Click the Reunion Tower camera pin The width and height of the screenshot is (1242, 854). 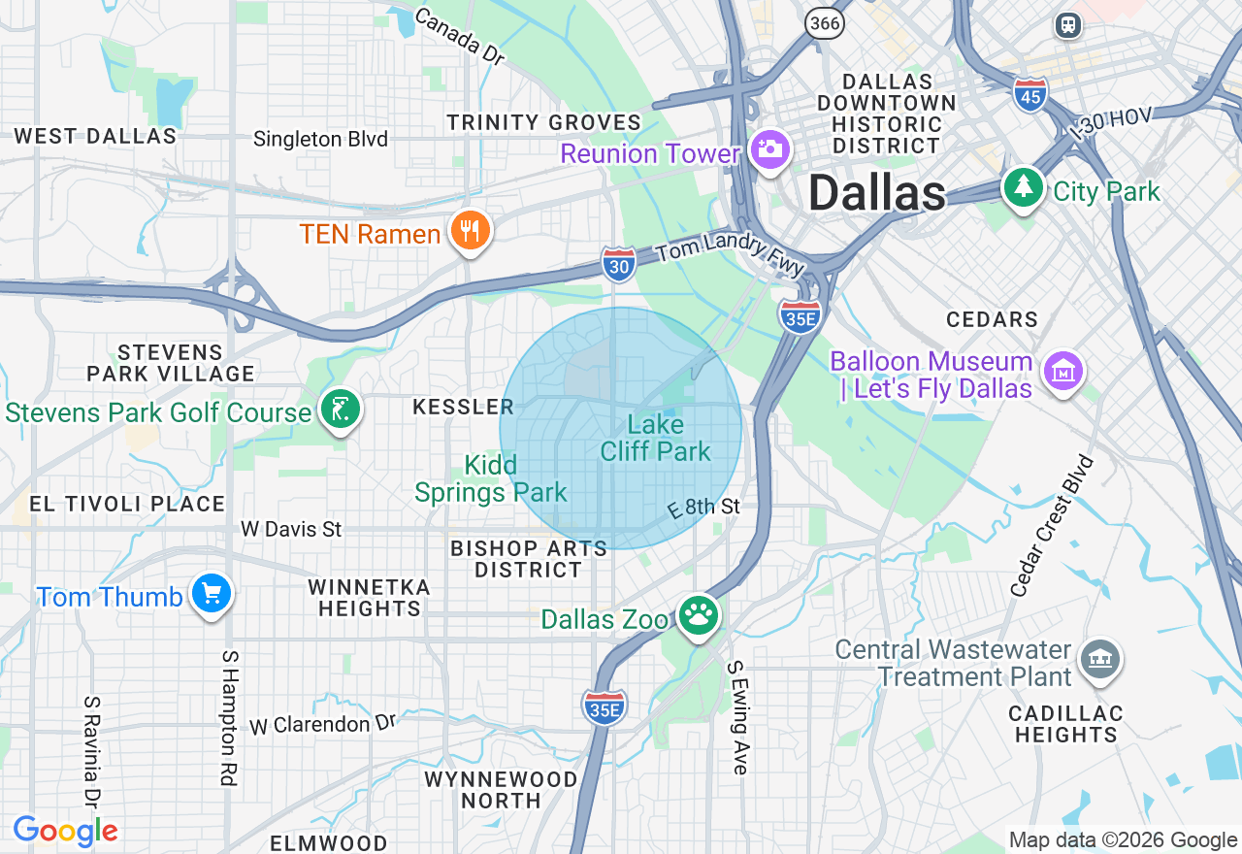(769, 150)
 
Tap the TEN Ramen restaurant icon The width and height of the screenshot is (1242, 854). (471, 231)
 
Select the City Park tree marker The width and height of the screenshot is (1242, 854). (1023, 187)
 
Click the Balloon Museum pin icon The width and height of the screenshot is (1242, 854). (1062, 372)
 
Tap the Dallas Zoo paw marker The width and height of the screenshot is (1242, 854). (698, 615)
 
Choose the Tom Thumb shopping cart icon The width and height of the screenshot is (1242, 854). (211, 594)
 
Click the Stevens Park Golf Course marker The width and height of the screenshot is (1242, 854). (341, 411)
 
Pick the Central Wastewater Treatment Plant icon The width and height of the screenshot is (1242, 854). (1099, 661)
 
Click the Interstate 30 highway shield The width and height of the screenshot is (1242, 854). (618, 264)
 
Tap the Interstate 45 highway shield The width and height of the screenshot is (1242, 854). (1030, 95)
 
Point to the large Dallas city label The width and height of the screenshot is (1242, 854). (876, 193)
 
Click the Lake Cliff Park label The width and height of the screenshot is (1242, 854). (656, 438)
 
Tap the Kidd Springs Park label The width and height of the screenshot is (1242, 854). (491, 478)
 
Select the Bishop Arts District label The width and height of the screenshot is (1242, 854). (529, 559)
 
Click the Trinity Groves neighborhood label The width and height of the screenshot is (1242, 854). (543, 122)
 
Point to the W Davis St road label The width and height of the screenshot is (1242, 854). (291, 529)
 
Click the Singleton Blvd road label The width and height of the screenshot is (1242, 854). (320, 139)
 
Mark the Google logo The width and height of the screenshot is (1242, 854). (65, 831)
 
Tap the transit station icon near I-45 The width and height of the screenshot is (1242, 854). (1068, 24)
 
